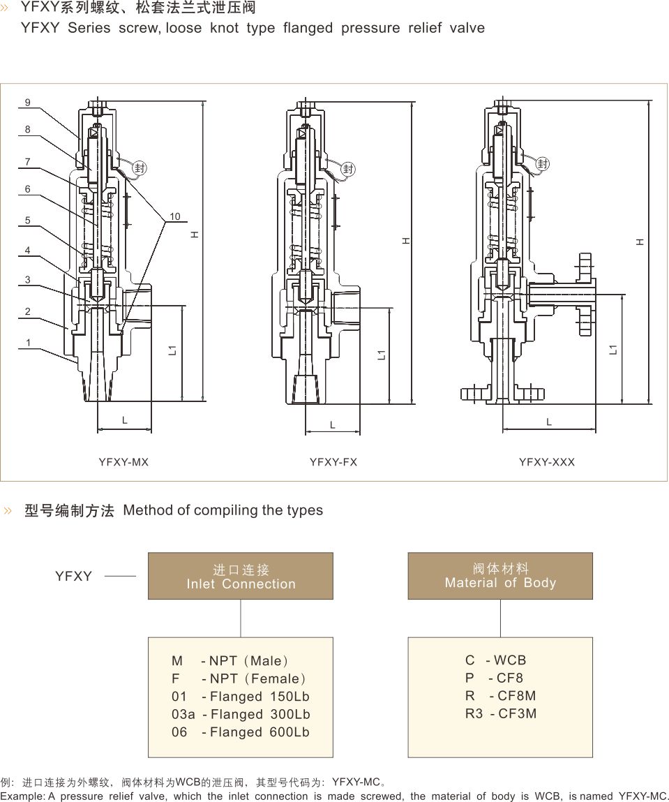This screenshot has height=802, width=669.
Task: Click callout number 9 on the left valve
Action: point(28,103)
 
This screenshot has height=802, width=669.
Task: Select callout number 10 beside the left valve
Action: point(174,216)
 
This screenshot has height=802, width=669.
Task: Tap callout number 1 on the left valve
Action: point(28,343)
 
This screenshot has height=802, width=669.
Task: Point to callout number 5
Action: point(28,221)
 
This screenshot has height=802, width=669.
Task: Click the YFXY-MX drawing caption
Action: point(123,462)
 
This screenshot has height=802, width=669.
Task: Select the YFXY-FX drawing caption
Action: point(333,462)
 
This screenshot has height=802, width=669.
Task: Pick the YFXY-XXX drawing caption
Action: point(547,462)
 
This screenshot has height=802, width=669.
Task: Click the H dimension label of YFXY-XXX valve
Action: point(639,242)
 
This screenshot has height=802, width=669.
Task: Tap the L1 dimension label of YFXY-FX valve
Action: point(382,355)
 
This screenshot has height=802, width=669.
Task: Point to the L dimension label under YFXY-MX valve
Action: point(125,420)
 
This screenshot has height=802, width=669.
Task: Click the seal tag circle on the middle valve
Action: point(348,169)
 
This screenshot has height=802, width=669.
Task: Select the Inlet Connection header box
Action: point(241,577)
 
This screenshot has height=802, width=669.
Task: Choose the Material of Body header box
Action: point(500,576)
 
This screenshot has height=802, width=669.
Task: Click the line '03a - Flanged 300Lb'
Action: point(241,714)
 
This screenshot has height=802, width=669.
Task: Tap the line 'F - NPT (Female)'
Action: point(239,678)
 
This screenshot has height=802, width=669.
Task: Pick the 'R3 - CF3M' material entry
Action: point(501,713)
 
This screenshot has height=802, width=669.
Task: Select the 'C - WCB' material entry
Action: point(495,660)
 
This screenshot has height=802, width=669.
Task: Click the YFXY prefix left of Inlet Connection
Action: point(74,577)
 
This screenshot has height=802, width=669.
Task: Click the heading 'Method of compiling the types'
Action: point(223,510)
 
